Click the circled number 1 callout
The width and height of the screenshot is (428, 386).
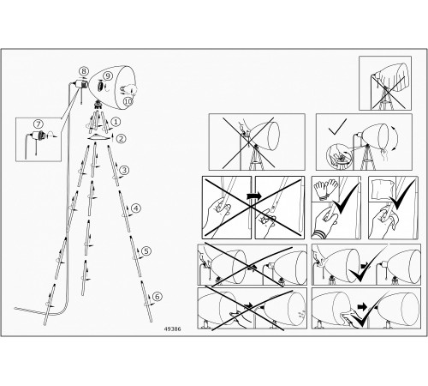tap(116, 122)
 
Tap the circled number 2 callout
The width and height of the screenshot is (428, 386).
tap(122, 139)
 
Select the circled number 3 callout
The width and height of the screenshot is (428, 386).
tap(124, 171)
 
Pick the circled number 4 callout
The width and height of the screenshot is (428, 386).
tap(136, 208)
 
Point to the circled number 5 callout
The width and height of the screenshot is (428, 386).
tap(146, 251)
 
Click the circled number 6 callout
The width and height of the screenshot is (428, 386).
tap(158, 297)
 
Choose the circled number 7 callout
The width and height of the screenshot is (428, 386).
tap(39, 124)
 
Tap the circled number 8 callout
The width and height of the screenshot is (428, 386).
tap(84, 71)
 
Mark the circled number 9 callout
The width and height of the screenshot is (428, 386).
tap(107, 75)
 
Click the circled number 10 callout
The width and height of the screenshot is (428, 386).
tap(128, 101)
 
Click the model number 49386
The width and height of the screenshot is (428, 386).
tap(172, 329)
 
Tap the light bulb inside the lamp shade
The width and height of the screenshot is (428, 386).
tap(128, 89)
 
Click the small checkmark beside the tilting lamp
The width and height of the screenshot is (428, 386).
tap(337, 127)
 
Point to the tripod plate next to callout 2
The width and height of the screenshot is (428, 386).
tap(99, 137)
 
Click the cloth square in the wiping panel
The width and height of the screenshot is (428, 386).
tap(383, 190)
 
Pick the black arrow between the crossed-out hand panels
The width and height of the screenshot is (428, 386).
tap(253, 196)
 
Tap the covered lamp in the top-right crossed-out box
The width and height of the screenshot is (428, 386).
tap(389, 86)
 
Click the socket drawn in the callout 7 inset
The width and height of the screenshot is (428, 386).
tap(37, 135)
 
